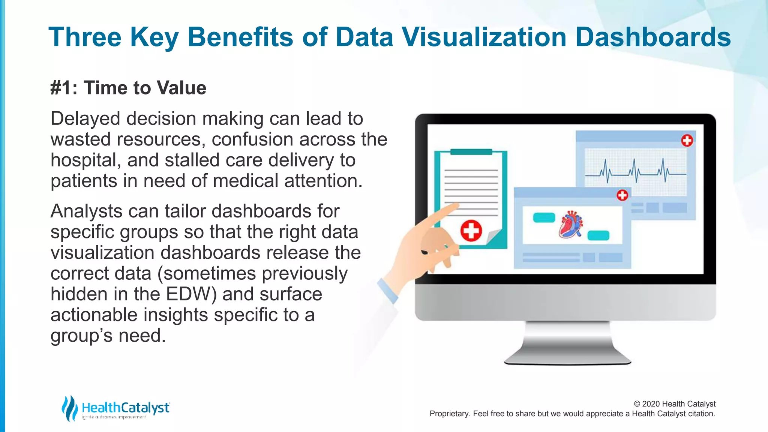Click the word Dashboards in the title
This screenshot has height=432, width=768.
[x=653, y=37]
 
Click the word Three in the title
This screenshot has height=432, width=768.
[x=85, y=37]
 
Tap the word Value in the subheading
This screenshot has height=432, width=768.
[x=181, y=88]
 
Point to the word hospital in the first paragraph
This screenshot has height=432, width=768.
[x=85, y=160]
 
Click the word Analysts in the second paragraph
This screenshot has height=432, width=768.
[x=86, y=211]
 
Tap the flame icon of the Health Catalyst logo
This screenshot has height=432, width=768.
[x=69, y=408]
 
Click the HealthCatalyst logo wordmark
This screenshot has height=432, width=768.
[x=126, y=408]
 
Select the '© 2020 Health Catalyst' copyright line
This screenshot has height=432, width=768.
[x=674, y=404]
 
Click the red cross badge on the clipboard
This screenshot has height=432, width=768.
[x=471, y=230]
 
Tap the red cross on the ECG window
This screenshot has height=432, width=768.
[x=687, y=141]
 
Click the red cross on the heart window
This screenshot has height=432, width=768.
[x=622, y=195]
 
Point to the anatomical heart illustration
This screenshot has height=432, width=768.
[x=571, y=225]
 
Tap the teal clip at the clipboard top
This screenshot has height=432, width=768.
[x=471, y=152]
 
